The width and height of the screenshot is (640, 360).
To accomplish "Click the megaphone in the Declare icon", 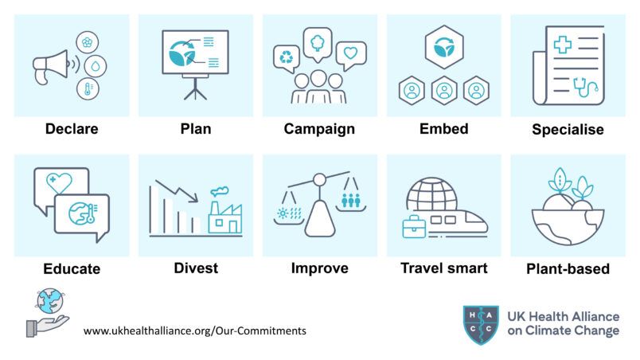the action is pos(50,67).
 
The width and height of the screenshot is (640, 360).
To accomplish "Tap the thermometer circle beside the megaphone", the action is pos(88,88).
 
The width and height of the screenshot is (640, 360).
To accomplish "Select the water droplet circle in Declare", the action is pos(96,66).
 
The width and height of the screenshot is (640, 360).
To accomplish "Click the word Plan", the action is pos(196,129).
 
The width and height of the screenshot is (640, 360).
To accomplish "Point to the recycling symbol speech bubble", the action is pos(286,58).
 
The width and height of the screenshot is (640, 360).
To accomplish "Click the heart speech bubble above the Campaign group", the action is pos(350,55).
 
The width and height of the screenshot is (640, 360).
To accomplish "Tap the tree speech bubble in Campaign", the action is pos(318,44).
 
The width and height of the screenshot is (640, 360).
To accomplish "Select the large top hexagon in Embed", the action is pos(444,47).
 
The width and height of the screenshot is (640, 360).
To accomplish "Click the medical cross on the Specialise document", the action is pos(563,45).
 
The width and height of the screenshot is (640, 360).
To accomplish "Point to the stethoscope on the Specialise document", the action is pos(585,88).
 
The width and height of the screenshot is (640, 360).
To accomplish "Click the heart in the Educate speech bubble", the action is pos(59,183).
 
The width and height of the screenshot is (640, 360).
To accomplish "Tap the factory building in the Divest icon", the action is pos(225,217).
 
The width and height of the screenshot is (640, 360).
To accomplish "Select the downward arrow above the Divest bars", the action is pos(177,191).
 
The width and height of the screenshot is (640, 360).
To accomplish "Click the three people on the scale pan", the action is pos(351,200).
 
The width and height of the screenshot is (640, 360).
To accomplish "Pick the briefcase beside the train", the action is pos(414,227).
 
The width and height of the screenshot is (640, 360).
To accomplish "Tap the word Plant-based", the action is pos(568,269).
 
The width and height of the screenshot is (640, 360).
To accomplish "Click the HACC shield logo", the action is pos(481,325).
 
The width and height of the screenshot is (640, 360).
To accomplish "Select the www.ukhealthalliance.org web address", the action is pos(195,331).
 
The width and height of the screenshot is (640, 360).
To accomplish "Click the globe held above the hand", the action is pos(50,301).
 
